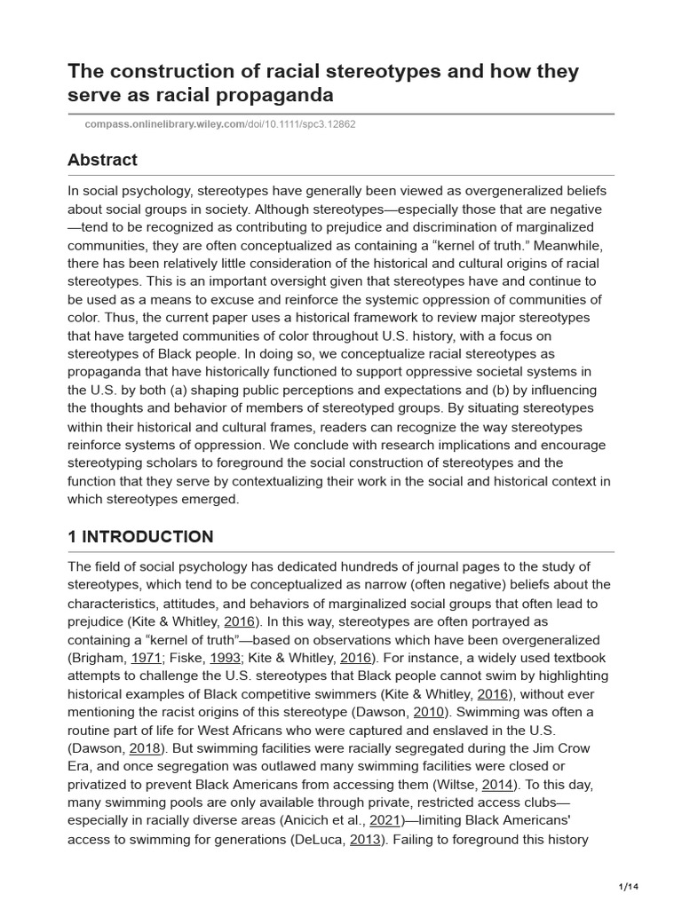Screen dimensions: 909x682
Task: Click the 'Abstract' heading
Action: (x=102, y=160)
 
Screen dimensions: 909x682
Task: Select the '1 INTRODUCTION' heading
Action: (x=140, y=536)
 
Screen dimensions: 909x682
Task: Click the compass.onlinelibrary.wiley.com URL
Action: (x=163, y=123)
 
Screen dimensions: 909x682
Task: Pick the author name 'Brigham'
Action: (x=99, y=658)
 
